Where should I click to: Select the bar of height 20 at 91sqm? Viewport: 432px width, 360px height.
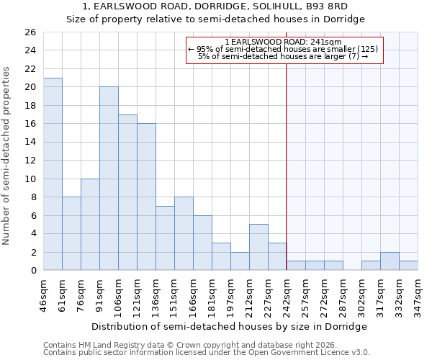[109, 179]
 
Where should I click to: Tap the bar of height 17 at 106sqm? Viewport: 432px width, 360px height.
[127, 192]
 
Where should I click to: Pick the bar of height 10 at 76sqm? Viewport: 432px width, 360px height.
[90, 225]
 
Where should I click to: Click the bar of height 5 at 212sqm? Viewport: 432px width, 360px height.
[258, 247]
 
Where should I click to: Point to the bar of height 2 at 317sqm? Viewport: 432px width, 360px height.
[390, 261]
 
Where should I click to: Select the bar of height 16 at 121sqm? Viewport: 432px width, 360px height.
[146, 197]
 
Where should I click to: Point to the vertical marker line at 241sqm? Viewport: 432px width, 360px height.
[287, 166]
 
